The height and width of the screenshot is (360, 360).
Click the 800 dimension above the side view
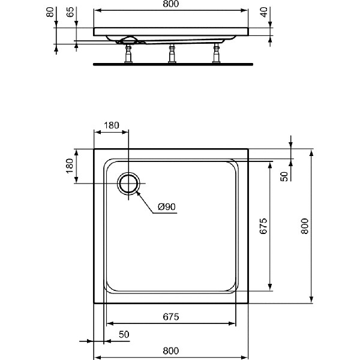[172, 5]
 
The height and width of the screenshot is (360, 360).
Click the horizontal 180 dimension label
[112, 126]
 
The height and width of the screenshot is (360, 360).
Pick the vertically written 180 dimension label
[69, 166]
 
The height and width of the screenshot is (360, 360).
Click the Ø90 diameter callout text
[166, 207]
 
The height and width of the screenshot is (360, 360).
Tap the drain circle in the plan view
[128, 183]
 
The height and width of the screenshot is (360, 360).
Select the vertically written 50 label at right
[284, 176]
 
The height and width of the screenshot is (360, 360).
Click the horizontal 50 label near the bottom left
[124, 334]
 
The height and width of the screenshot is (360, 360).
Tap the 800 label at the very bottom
[171, 350]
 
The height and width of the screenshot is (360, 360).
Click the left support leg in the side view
[128, 54]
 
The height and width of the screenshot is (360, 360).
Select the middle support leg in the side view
[172, 54]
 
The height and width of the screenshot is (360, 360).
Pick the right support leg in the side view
[216, 54]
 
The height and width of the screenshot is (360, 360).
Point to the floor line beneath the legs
[172, 63]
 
